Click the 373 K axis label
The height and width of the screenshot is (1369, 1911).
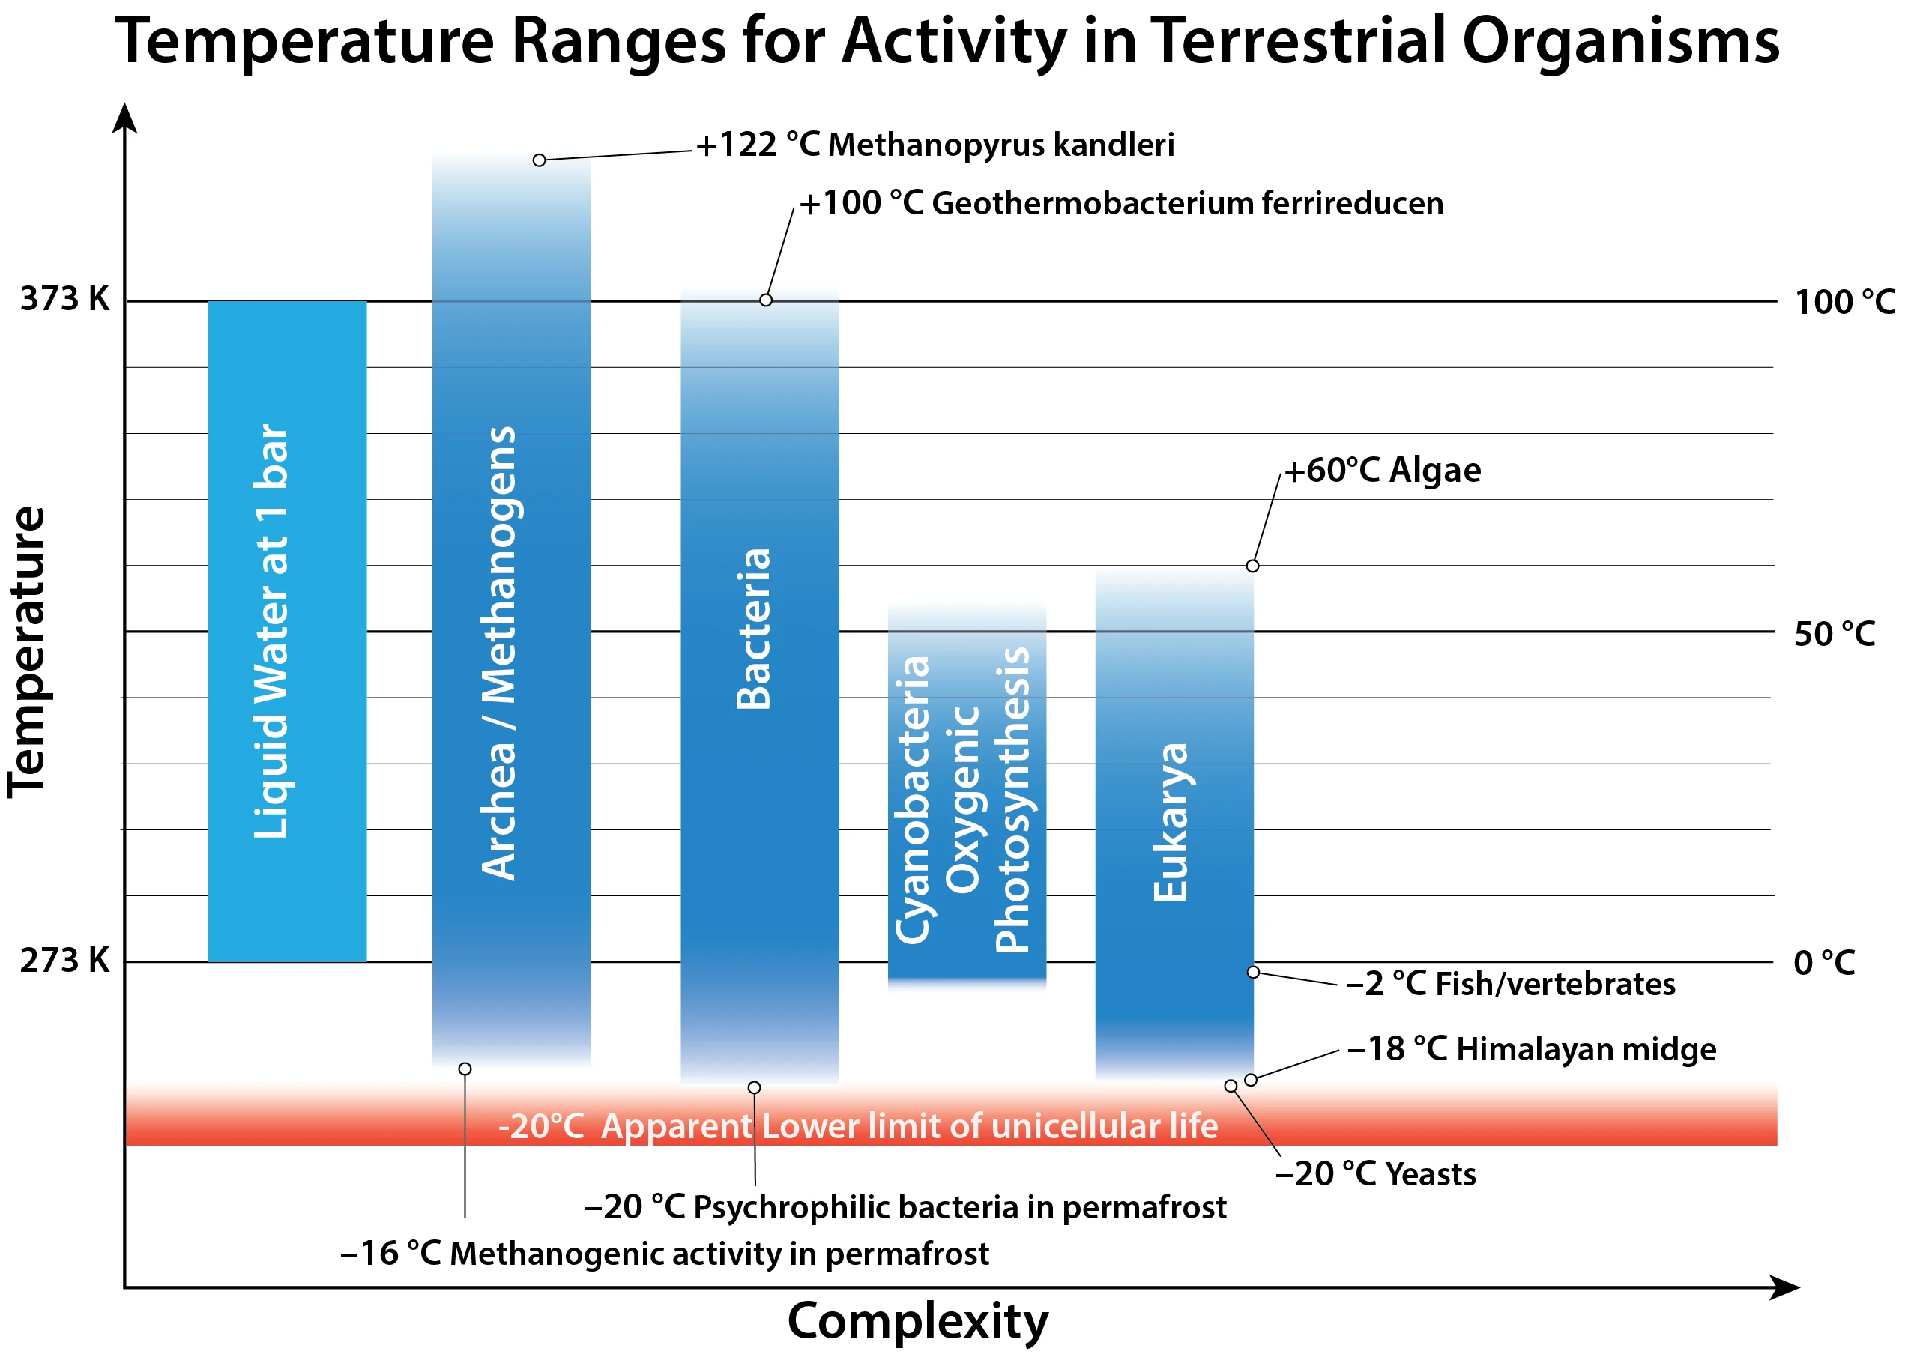coord(65,299)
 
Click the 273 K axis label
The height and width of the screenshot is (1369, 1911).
coord(65,961)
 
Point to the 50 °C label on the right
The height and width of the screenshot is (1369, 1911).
coord(1835,635)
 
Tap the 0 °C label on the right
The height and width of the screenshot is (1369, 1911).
coord(1824,962)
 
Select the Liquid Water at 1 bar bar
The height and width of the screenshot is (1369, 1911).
coord(287,631)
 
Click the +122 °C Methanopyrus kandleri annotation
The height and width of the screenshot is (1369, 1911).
coord(935,145)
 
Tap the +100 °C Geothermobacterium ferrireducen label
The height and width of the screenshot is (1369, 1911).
coord(1120,204)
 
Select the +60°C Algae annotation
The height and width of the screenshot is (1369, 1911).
coord(1382,470)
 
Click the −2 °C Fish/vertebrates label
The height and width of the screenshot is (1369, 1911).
coord(1510,984)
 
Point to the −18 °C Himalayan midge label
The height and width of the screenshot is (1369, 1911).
coord(1531,1050)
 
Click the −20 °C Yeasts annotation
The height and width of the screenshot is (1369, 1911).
coord(1375,1173)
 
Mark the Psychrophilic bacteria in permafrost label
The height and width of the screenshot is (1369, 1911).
coord(905,1207)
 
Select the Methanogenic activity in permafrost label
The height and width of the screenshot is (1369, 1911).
coord(664,1254)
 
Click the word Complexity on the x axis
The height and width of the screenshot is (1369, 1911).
coord(917,1320)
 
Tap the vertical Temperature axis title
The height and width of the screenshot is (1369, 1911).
coord(27,651)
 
